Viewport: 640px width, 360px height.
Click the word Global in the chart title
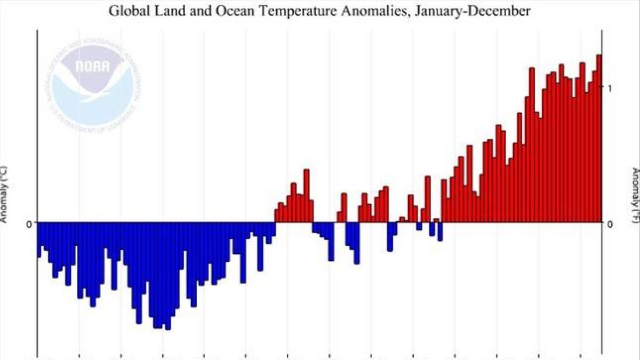coord(125,10)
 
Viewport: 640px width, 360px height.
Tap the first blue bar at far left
coord(39,238)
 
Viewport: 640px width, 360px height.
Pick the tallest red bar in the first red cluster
coord(306,195)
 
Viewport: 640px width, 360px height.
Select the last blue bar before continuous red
coord(440,231)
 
